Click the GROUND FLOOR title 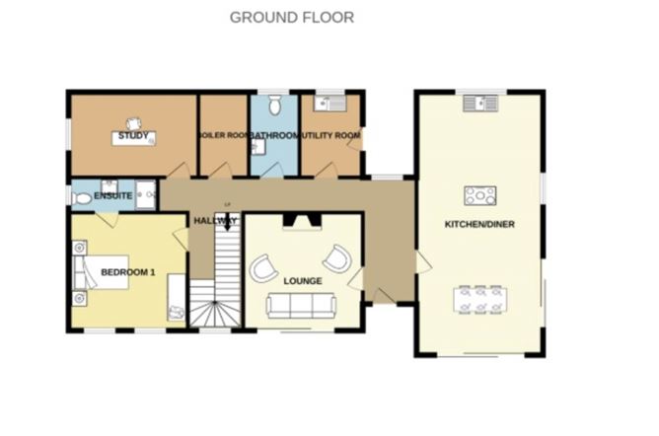pos(291,17)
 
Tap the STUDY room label pos(132,134)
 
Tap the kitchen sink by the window pos(479,101)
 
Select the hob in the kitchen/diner pos(479,194)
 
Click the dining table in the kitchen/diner pos(479,298)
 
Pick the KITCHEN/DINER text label pos(479,224)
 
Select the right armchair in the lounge pos(337,259)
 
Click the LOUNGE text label pos(302,281)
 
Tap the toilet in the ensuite pos(82,198)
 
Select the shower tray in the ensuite pos(146,194)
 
